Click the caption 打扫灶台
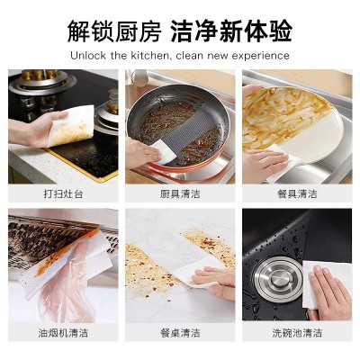tap(63, 193)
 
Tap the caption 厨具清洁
tap(180, 193)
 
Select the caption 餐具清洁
tap(297, 193)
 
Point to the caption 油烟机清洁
tap(63, 333)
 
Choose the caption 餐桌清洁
tap(180, 333)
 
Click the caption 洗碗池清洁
tap(297, 333)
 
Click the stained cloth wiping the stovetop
tap(72, 126)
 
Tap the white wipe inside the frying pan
tap(163, 152)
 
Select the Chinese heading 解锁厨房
tap(114, 31)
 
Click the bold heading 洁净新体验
tap(231, 31)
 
